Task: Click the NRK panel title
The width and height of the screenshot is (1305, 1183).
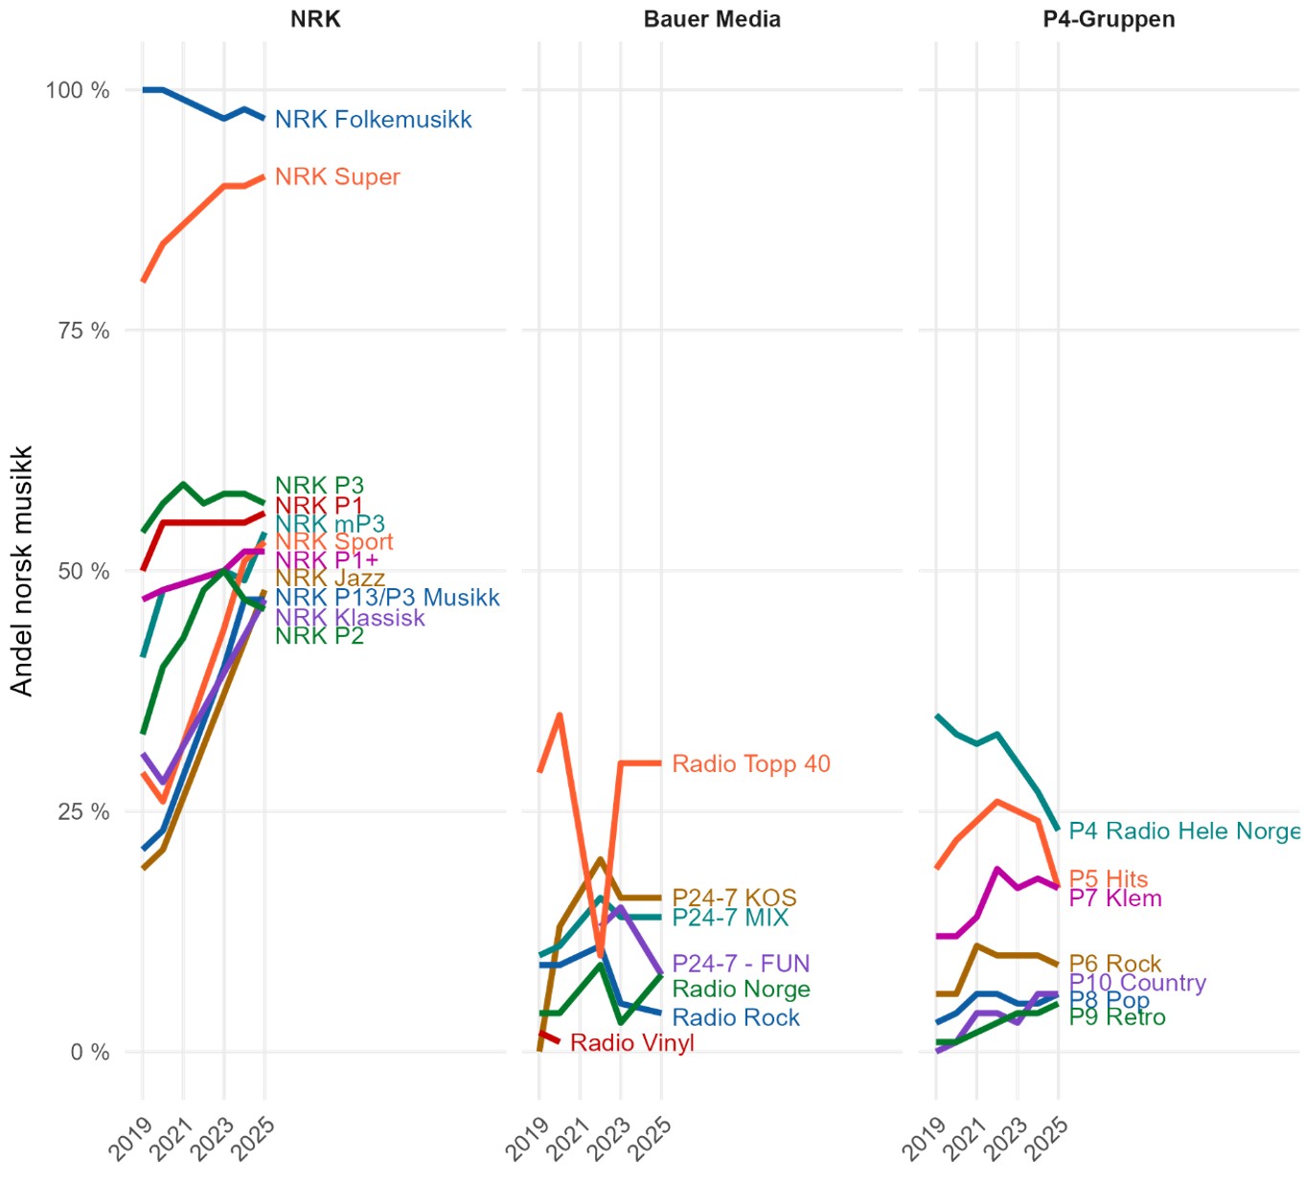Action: click(x=315, y=19)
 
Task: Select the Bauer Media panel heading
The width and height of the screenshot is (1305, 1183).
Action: click(x=712, y=19)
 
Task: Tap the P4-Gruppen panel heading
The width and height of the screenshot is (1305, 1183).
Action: click(x=1109, y=19)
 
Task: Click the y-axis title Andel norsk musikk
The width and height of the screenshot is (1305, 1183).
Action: click(x=22, y=571)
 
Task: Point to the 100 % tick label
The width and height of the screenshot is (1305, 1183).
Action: click(x=78, y=90)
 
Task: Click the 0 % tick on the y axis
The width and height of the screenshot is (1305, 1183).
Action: click(x=90, y=1052)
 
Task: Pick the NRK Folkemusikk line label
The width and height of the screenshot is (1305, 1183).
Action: click(x=373, y=120)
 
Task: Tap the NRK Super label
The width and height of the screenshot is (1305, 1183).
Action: click(x=337, y=177)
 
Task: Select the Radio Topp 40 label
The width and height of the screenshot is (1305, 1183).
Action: click(x=751, y=763)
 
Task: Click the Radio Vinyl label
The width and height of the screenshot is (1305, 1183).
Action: click(x=631, y=1043)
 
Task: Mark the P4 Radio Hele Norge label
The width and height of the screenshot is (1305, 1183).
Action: click(x=1184, y=830)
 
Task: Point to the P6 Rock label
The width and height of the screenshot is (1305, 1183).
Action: click(x=1114, y=963)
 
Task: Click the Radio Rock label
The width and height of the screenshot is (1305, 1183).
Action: click(x=736, y=1017)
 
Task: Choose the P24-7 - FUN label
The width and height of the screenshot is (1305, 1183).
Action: click(x=741, y=963)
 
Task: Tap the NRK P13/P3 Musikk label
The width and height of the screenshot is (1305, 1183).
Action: click(x=387, y=598)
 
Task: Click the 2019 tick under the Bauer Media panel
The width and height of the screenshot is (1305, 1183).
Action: click(x=527, y=1137)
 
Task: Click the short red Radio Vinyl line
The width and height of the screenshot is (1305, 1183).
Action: click(x=549, y=1036)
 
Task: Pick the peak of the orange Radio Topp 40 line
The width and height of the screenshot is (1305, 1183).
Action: click(x=560, y=715)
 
